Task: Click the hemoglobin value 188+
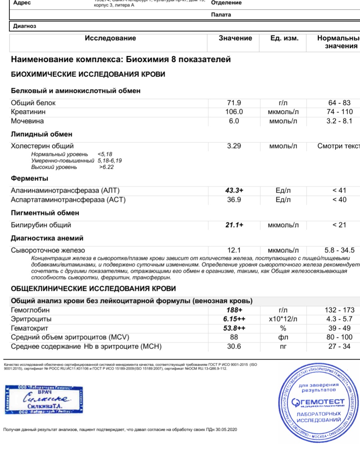click(x=234, y=310)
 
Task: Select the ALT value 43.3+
click(x=234, y=190)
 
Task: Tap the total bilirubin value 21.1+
click(x=234, y=225)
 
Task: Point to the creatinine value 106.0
click(x=234, y=112)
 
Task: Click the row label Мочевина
click(x=27, y=121)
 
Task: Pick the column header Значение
click(x=235, y=38)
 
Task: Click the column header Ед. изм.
click(x=284, y=38)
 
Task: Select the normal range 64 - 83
click(x=339, y=103)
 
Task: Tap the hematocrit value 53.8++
click(x=234, y=328)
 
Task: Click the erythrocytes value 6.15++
click(x=234, y=319)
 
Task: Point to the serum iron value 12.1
click(x=234, y=250)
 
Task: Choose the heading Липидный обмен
click(x=42, y=134)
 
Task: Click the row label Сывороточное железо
click(x=48, y=250)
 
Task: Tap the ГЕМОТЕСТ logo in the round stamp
click(x=318, y=402)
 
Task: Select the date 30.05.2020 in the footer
click(x=226, y=430)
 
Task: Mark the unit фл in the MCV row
click(x=283, y=338)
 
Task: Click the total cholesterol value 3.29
click(x=234, y=146)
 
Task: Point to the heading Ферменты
click(x=30, y=178)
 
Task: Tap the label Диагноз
click(x=25, y=26)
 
